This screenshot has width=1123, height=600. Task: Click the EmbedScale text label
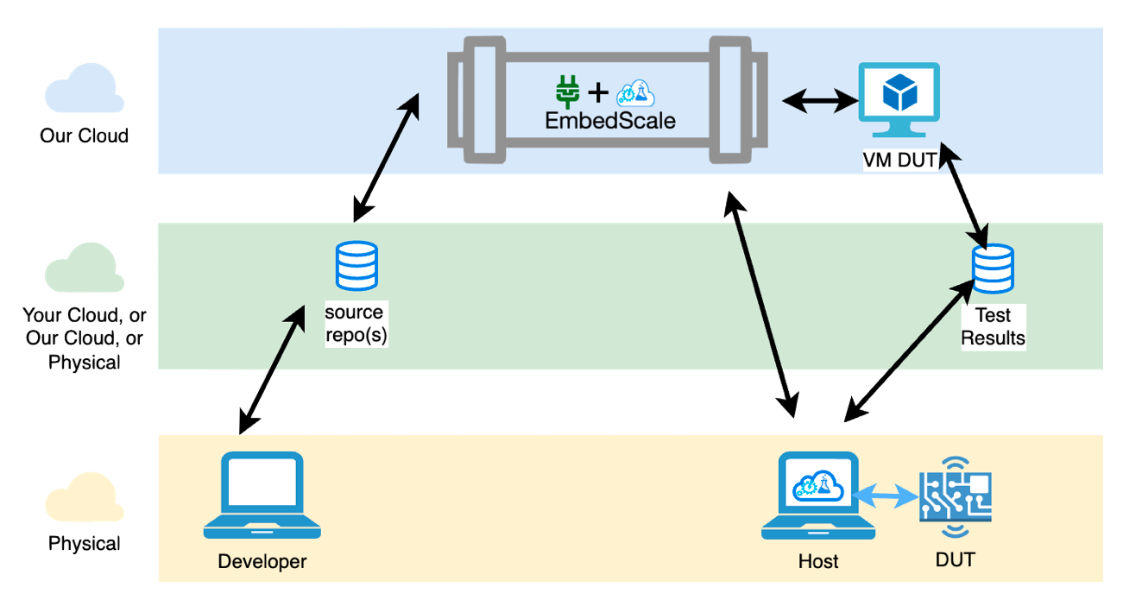coord(610,120)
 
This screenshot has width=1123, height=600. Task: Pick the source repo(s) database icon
coord(356,265)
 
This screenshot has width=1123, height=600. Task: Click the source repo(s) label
coord(356,323)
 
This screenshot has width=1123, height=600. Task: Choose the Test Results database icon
coord(993,269)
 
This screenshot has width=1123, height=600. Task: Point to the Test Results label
coord(993,326)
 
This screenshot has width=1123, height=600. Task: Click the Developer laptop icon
coord(261,495)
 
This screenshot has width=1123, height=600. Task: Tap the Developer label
coord(262,561)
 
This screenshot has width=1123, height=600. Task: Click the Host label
coord(818,561)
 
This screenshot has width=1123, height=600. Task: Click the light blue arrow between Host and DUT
coord(886,496)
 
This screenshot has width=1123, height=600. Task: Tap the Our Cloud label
coord(85,136)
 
